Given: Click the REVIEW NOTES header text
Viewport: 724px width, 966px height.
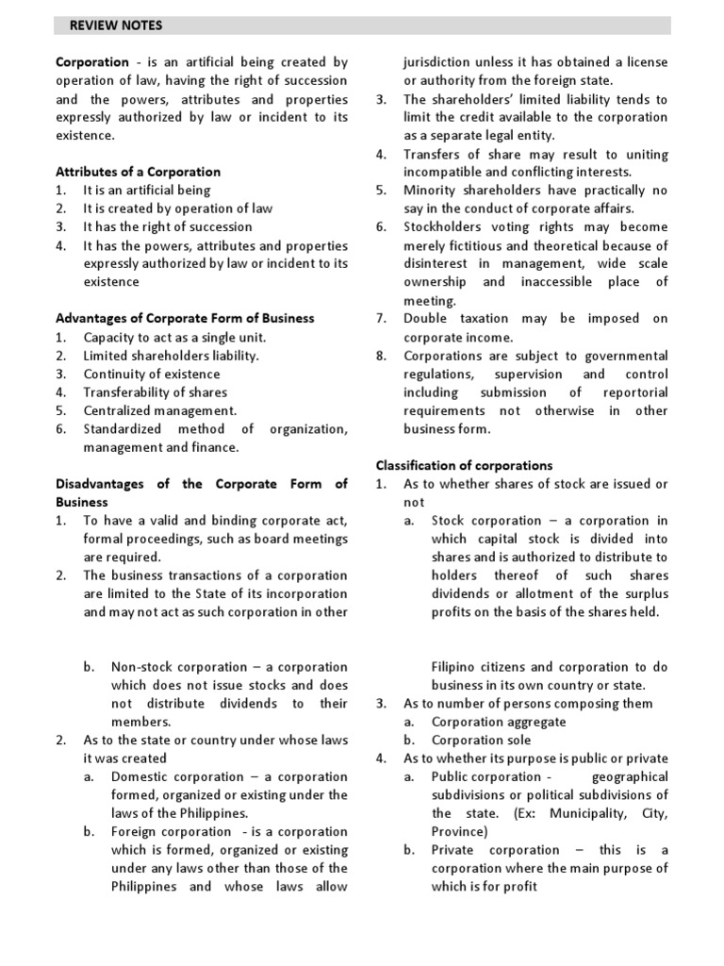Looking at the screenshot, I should point(108,25).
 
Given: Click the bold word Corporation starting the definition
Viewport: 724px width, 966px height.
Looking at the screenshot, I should point(91,62).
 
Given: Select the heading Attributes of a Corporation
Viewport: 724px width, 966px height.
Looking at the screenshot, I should point(138,172).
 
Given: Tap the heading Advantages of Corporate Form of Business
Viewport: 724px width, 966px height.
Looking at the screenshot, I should point(185,318).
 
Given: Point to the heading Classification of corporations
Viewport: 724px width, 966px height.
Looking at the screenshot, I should point(465,465).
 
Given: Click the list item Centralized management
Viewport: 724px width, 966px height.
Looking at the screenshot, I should point(160,410).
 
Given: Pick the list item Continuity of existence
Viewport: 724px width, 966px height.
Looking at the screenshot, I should point(150,374).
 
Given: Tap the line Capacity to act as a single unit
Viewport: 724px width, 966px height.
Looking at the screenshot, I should point(174,337).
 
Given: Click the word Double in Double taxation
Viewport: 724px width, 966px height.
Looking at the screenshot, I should point(426,319).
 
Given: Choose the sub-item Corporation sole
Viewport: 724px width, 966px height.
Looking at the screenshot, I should point(481,740).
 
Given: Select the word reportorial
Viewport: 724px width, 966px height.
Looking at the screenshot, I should point(631,392).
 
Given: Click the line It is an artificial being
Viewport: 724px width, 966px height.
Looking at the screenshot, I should point(147,191).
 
